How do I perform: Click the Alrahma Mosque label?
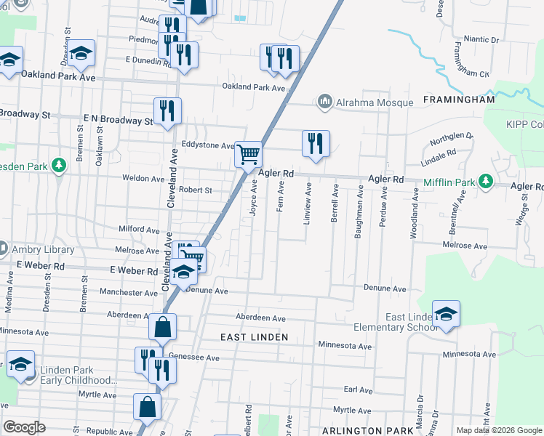374,102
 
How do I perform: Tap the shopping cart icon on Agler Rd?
249,154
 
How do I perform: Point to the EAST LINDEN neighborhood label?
255,337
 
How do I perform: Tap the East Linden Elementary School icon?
446,314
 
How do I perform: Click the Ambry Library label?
44,249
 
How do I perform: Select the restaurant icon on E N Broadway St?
167,111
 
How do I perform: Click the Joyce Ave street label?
255,196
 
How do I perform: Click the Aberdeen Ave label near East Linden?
260,318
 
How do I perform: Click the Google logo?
24,427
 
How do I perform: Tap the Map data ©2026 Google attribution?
499,430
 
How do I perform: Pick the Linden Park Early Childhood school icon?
21,365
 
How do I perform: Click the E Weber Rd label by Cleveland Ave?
134,270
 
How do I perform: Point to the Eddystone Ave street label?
208,145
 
